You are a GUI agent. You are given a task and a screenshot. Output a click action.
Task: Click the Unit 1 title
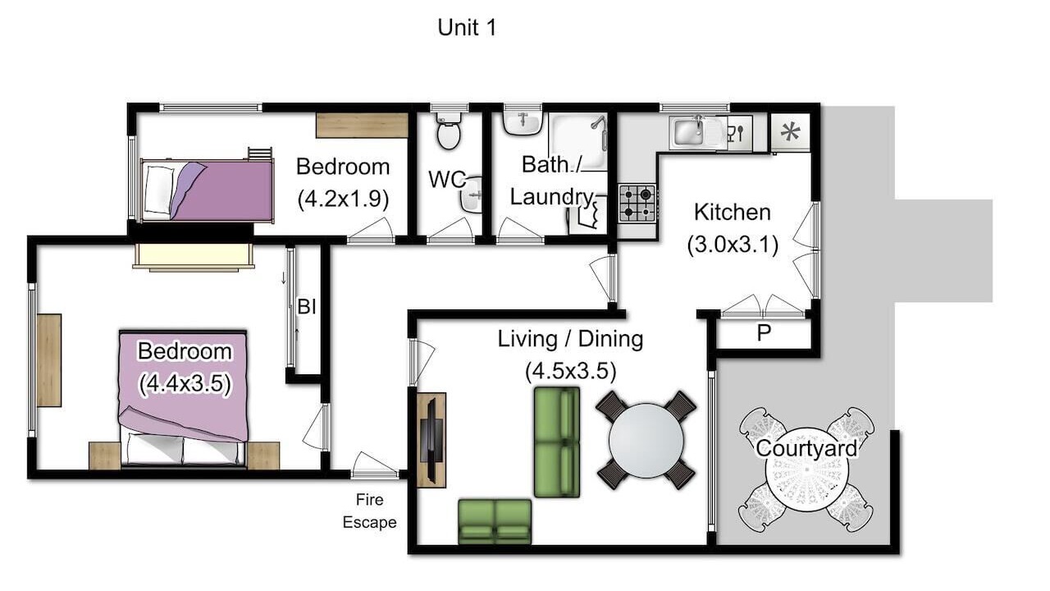[467, 28]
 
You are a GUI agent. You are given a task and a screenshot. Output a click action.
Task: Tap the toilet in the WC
[449, 131]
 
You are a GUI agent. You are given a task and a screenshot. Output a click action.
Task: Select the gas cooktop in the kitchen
[637, 203]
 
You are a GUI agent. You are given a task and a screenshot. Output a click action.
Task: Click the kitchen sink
[688, 133]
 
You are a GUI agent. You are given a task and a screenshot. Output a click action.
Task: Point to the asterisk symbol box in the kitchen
[791, 132]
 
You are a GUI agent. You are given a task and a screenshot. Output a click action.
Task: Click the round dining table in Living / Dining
[646, 441]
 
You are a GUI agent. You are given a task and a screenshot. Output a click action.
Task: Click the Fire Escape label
[369, 511]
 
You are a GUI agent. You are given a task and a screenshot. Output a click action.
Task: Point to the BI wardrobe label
[307, 307]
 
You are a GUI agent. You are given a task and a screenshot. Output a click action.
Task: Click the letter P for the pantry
[764, 332]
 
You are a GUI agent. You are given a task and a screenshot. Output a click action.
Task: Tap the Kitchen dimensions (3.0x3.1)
[733, 245]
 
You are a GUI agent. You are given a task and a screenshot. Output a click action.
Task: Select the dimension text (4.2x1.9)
[343, 199]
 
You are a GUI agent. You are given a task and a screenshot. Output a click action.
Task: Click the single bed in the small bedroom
[207, 191]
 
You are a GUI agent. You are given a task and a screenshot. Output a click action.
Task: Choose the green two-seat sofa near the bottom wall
[495, 521]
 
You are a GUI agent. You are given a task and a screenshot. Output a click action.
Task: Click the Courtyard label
[806, 448]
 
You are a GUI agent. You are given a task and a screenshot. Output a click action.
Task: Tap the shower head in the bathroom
[598, 122]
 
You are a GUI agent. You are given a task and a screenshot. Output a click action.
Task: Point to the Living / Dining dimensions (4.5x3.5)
[570, 371]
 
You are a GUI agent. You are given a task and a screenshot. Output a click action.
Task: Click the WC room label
[447, 179]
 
